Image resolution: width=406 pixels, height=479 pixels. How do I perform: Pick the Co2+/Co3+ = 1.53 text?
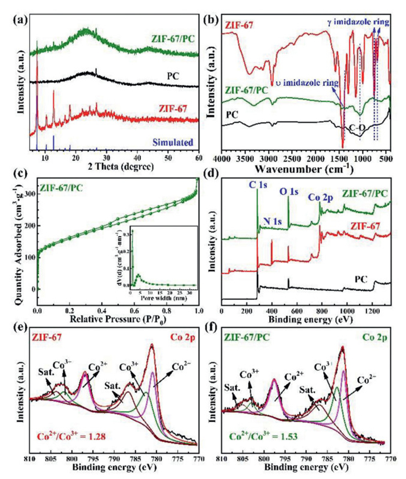(259, 436)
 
